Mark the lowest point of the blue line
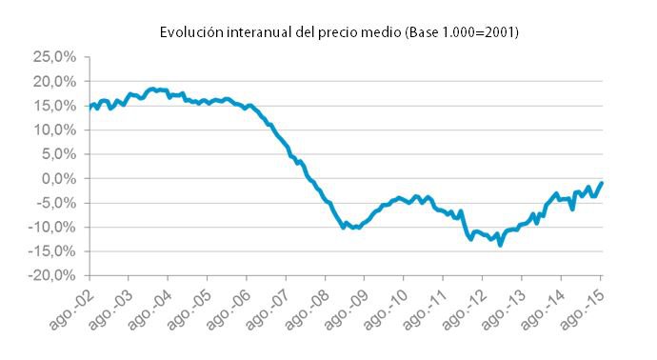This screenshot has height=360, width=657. pyautogui.click(x=500, y=245)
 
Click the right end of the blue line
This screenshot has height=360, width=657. pyautogui.click(x=603, y=183)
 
